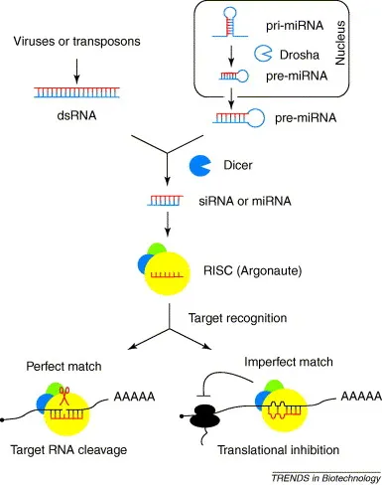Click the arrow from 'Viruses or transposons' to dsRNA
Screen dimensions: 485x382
(x=77, y=70)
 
